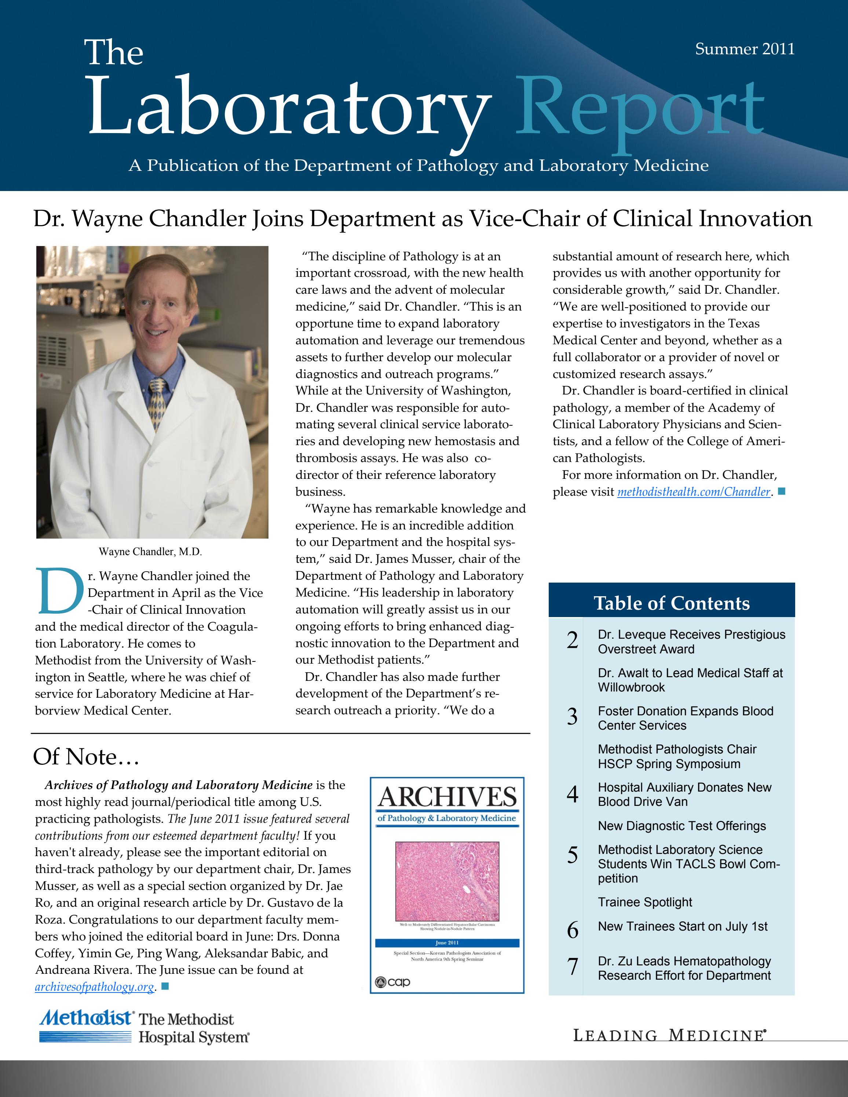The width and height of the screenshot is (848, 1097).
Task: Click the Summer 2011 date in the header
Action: click(745, 49)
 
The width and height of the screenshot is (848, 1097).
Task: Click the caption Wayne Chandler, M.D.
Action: click(150, 551)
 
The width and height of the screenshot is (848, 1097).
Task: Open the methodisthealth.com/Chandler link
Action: click(693, 492)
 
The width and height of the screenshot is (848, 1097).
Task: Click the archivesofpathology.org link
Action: click(94, 987)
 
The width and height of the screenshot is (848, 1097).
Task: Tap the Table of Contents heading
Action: click(671, 603)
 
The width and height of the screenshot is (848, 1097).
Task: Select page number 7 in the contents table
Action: click(572, 966)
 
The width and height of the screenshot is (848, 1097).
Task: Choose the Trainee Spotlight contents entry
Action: click(644, 902)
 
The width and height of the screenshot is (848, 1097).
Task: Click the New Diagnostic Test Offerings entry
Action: click(681, 826)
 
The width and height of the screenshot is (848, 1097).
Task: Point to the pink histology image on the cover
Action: click(447, 881)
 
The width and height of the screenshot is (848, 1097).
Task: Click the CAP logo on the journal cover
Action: click(393, 982)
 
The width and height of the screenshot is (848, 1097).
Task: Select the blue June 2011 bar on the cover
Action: click(447, 943)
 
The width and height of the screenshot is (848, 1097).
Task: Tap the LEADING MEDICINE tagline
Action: click(669, 1036)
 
